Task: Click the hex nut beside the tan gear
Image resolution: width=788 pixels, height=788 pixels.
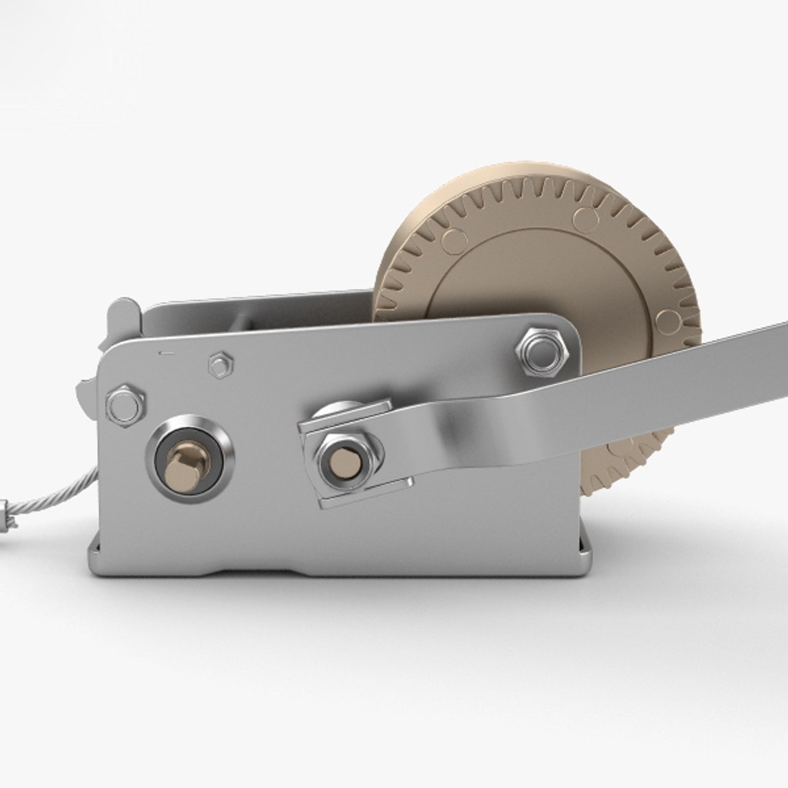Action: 540,352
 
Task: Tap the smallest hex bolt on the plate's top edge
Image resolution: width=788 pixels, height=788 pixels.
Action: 220,365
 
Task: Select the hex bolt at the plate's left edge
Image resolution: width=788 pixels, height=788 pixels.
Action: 125,406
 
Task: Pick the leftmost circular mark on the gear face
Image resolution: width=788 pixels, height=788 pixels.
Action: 454,241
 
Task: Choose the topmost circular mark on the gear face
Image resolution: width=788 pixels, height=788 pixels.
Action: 585,218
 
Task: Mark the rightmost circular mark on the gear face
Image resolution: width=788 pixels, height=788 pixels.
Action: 668,321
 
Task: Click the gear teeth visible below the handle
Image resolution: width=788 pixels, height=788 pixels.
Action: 627,467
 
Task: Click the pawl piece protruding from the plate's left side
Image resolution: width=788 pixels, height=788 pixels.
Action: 86,394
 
